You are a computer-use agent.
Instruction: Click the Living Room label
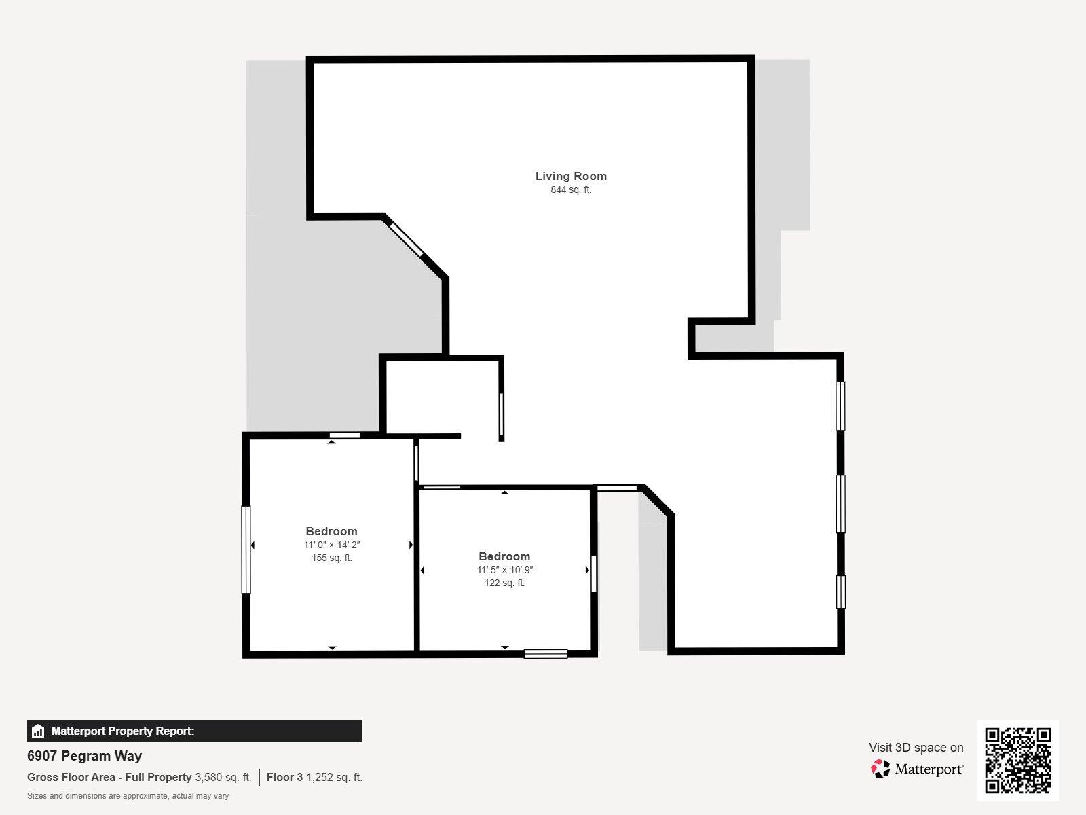[x=571, y=176]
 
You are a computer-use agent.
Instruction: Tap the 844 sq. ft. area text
[x=571, y=190]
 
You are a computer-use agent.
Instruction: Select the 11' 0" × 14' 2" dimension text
[x=332, y=545]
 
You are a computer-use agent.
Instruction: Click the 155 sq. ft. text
[x=332, y=558]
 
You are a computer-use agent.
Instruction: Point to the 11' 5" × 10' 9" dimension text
[x=504, y=570]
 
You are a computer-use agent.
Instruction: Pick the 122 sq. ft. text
[x=504, y=583]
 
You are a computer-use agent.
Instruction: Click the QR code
[x=1017, y=761]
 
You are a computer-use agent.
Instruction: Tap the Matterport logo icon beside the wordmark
[x=880, y=769]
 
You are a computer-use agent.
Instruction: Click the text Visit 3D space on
[x=916, y=748]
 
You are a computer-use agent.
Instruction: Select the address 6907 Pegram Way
[x=84, y=756]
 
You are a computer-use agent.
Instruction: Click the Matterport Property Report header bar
[x=194, y=731]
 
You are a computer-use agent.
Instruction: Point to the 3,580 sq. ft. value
[x=223, y=778]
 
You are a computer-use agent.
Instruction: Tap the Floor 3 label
[x=284, y=778]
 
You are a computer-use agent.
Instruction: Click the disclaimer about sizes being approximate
[x=128, y=796]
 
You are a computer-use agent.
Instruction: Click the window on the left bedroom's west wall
[x=246, y=549]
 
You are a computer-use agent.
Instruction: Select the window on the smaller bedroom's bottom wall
[x=545, y=654]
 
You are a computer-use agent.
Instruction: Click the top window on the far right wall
[x=840, y=406]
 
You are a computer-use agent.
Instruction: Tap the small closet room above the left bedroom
[x=442, y=396]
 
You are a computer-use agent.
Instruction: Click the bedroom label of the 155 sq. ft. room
[x=331, y=531]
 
